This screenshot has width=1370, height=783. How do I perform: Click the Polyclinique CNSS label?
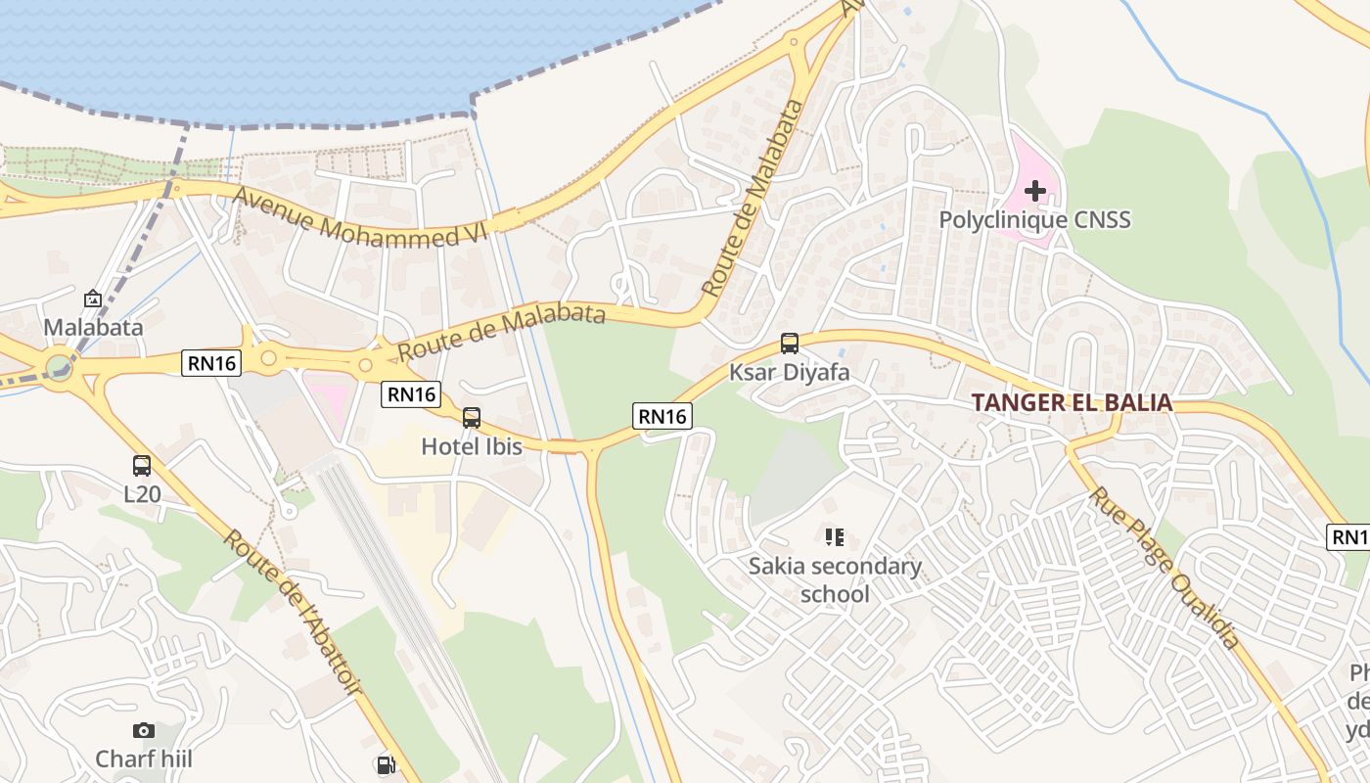coord(1034,219)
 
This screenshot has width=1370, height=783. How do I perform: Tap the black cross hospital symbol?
coord(1034,191)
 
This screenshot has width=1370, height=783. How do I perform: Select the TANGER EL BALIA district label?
coord(1072,402)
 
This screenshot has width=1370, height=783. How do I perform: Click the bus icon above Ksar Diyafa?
coord(790,344)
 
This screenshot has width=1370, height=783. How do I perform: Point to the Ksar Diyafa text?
coord(789,373)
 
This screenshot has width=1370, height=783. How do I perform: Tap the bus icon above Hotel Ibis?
coord(472,418)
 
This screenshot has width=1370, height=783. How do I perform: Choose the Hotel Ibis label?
coord(472,446)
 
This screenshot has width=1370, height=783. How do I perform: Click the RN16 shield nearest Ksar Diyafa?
coord(662,416)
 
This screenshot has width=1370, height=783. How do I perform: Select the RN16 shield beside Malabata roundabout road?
coord(211,363)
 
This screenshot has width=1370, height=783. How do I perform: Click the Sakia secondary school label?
coord(835,579)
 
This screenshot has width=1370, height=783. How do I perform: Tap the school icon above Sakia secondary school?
coord(834,536)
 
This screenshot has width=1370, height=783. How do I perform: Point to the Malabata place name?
coord(93,327)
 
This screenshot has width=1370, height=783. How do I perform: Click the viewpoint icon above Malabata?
coord(93,299)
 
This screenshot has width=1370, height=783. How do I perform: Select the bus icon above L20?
coord(142,466)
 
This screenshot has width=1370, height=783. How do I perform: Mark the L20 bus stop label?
coord(142,494)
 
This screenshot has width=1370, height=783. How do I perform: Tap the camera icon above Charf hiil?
coord(144,730)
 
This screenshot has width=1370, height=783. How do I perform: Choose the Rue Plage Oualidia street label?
coord(1164,568)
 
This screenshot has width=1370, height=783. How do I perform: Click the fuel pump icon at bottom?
coord(386,764)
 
